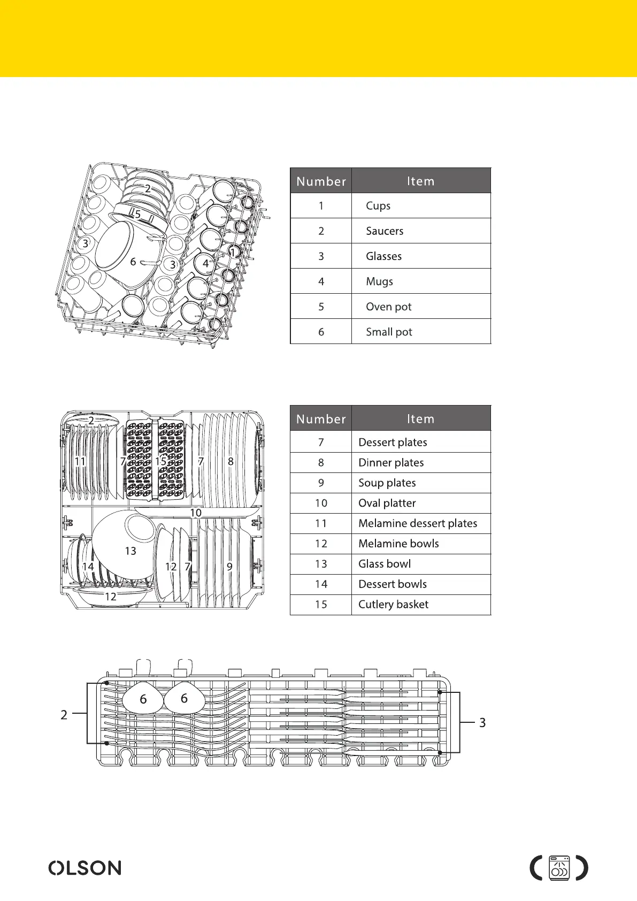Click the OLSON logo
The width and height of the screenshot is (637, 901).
coord(85,868)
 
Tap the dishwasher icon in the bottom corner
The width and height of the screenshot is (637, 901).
coord(559,868)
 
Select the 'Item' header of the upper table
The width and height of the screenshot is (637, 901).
coord(421,181)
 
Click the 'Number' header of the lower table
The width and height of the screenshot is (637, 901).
coord(321,419)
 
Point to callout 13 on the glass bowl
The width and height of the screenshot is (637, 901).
coord(131,551)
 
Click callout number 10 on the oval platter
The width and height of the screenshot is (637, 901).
coord(196,513)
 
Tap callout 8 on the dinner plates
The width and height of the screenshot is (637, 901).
coord(231,461)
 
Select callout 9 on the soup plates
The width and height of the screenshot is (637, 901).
coord(229,566)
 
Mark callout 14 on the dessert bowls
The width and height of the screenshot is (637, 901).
coord(88,566)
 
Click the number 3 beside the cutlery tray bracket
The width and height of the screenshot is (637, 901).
coord(482,723)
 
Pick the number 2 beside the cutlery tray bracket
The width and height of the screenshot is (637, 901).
coord(64,715)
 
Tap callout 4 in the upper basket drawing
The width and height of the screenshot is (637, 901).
coord(206,263)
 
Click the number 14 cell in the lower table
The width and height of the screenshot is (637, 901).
coord(321,584)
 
